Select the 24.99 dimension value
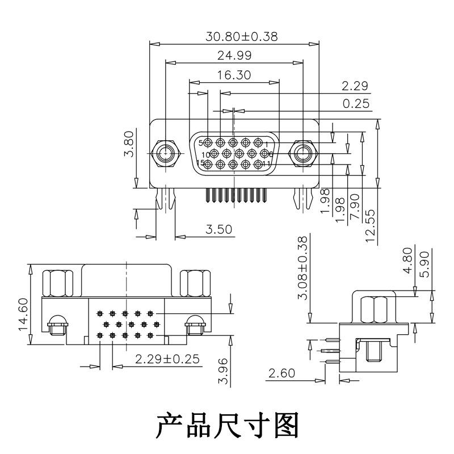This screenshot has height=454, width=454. pyautogui.click(x=234, y=55)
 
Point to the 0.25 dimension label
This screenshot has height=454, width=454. pyautogui.click(x=356, y=103)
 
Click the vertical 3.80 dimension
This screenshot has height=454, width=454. pyautogui.click(x=129, y=144)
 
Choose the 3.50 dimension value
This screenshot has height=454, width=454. pyautogui.click(x=218, y=230)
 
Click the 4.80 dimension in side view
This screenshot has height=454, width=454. pyautogui.click(x=406, y=260)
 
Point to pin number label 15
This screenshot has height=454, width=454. pyautogui.click(x=200, y=163)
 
